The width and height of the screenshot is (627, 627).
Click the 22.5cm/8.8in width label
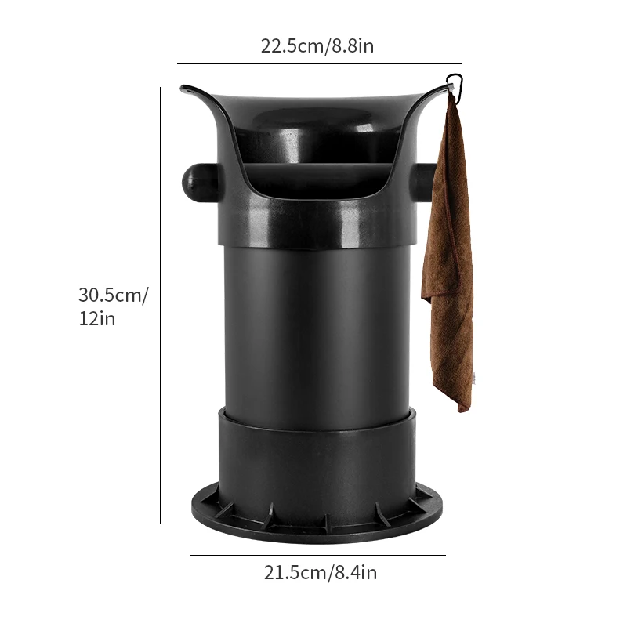click(x=317, y=45)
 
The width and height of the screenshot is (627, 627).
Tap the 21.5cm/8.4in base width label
click(x=321, y=573)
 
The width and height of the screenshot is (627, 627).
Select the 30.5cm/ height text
click(x=113, y=295)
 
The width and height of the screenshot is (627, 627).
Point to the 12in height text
click(x=96, y=319)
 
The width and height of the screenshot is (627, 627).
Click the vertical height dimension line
click(x=161, y=306)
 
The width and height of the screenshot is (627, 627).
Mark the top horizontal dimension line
click(x=320, y=63)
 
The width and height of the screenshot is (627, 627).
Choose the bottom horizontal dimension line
click(x=317, y=556)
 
